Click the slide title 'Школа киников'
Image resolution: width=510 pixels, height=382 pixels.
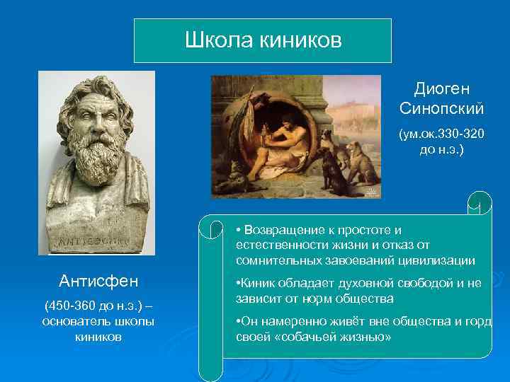[263, 40]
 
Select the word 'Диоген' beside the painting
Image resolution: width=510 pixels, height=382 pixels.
[441, 89]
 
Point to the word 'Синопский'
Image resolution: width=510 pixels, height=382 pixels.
[441, 109]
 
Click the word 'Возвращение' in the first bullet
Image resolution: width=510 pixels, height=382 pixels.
[280, 231]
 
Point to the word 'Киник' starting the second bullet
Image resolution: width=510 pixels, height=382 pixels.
[256, 283]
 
